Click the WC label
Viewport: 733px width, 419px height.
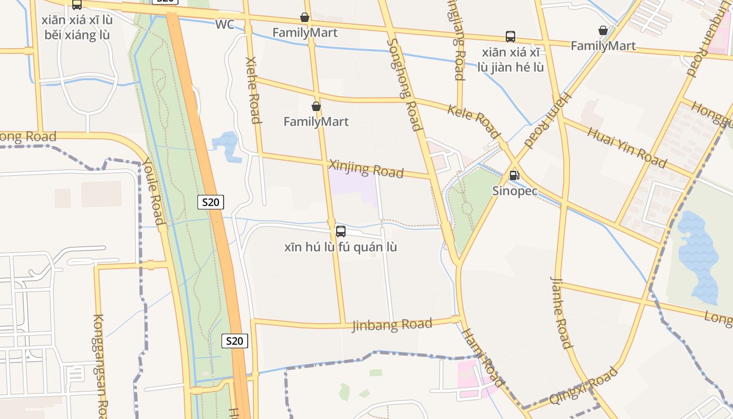[x=224, y=25]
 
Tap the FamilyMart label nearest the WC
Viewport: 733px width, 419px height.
[x=305, y=32]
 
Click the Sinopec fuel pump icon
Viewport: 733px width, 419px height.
[x=514, y=175]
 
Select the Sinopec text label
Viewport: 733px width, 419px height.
[x=515, y=191]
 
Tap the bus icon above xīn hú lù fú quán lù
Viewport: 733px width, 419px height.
[x=341, y=231]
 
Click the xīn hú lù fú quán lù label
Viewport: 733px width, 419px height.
[x=340, y=247]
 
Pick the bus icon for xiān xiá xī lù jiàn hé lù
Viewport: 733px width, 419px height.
[x=510, y=37]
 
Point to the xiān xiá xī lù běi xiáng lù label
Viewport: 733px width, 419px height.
[x=77, y=27]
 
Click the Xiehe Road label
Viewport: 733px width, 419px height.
[x=253, y=90]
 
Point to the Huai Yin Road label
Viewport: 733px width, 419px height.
[x=626, y=147]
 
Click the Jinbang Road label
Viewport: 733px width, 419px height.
[x=392, y=325]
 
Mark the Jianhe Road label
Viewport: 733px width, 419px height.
[x=561, y=313]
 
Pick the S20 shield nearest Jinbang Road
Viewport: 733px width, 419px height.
[x=235, y=341]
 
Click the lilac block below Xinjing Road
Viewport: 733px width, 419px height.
[x=352, y=186]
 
